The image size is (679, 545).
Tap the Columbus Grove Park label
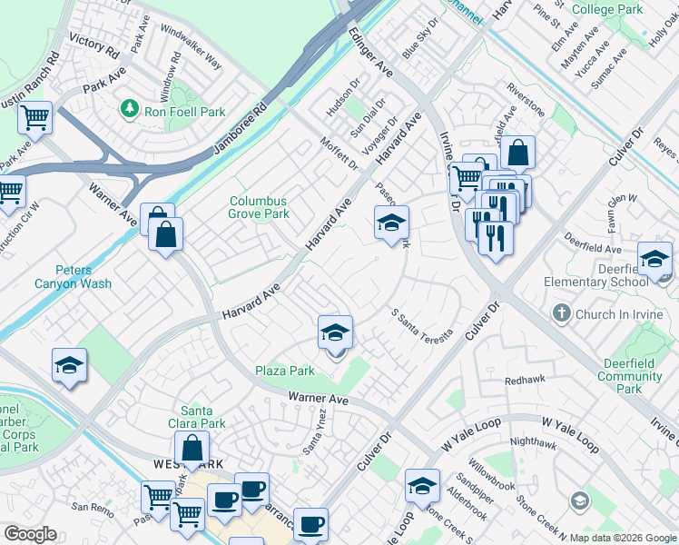click(259, 208)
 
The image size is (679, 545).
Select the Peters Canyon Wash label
click(84, 277)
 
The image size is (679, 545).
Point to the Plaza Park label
click(284, 371)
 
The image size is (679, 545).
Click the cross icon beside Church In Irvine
click(561, 313)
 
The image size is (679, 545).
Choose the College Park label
click(607, 9)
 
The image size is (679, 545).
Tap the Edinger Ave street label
click(370, 51)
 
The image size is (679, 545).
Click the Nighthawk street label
click(535, 442)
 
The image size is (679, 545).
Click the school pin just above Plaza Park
click(335, 332)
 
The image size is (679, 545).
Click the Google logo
click(30, 534)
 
